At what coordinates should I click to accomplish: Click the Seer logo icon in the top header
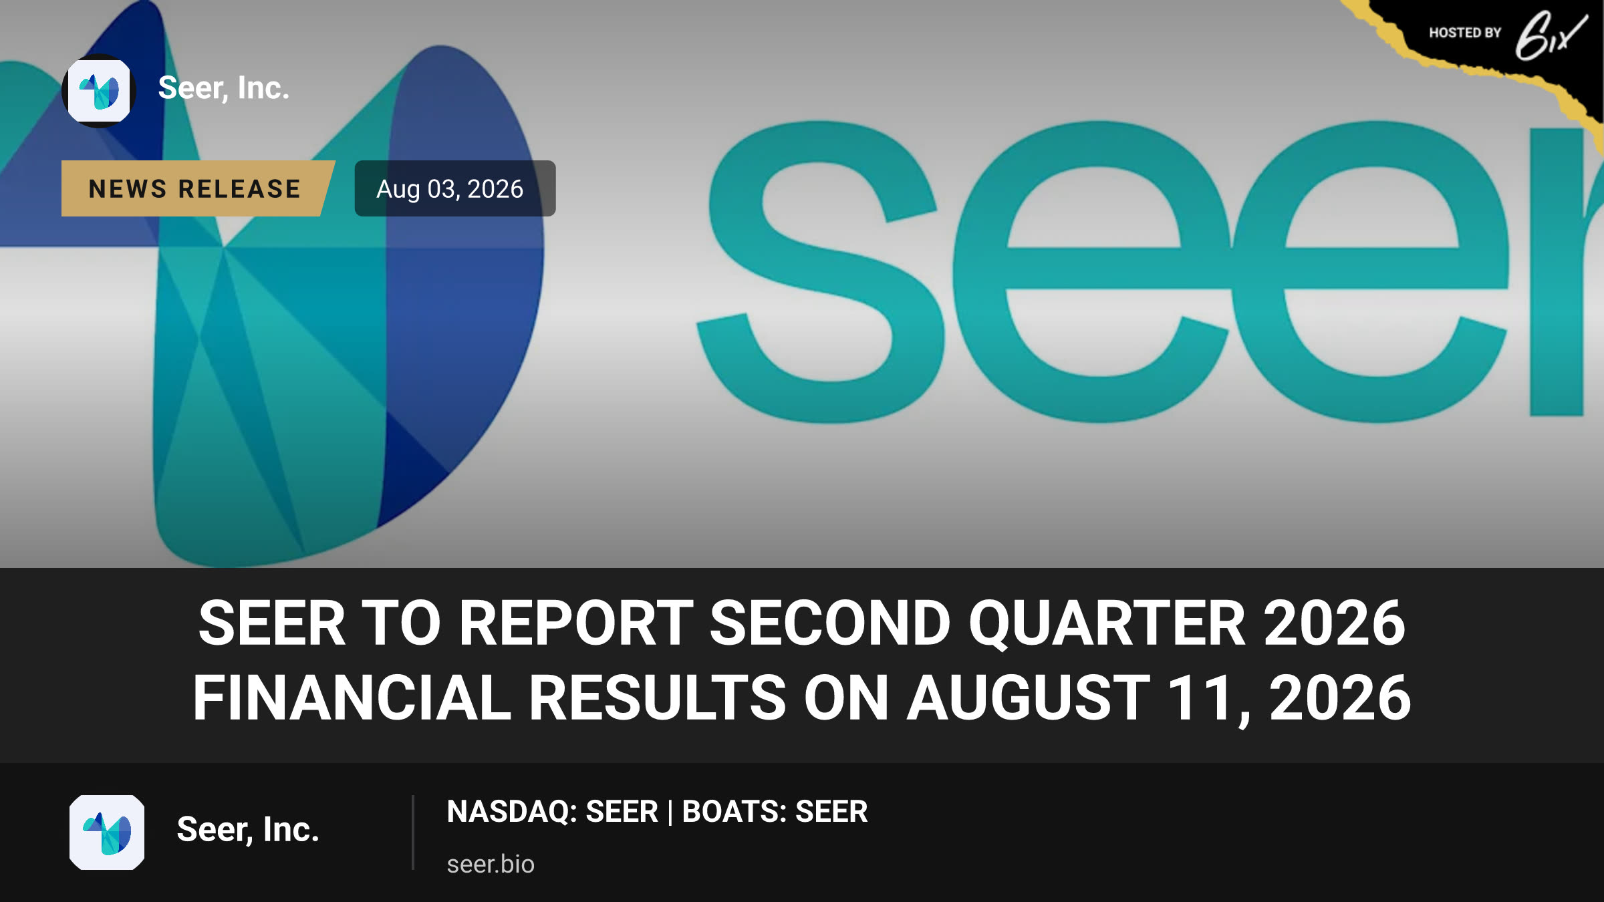pos(99,91)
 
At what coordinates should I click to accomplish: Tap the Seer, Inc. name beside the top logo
pos(224,88)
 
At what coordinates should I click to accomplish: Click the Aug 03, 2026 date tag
pos(454,188)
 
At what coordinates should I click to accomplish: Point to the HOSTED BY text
pos(1465,33)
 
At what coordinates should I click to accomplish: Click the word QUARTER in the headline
pos(1107,623)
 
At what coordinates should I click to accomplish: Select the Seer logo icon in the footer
pos(107,833)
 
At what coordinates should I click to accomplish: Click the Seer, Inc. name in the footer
pos(248,830)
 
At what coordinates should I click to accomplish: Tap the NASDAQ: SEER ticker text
pos(553,811)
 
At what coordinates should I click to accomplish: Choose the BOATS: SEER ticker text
pos(775,811)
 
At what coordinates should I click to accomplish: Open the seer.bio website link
pos(491,864)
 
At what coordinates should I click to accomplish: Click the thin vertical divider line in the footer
pos(413,833)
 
